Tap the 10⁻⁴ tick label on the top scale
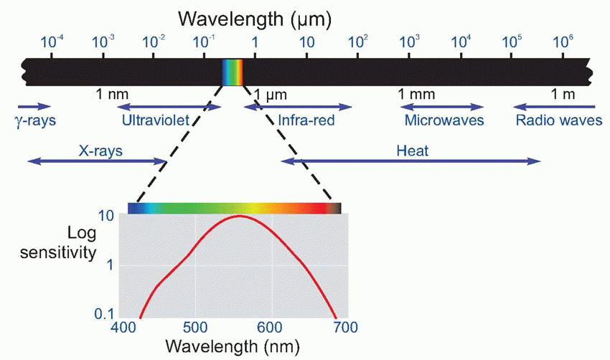pyautogui.click(x=52, y=43)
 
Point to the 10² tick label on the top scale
pyautogui.click(x=357, y=43)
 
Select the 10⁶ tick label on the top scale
pyautogui.click(x=563, y=43)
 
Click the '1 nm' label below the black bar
pyautogui.click(x=111, y=94)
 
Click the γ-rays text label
pyautogui.click(x=34, y=120)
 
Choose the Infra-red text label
pyautogui.click(x=306, y=120)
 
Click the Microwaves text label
pyautogui.click(x=444, y=120)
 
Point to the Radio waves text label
pyautogui.click(x=559, y=120)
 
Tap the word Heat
pyautogui.click(x=411, y=151)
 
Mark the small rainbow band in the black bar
pyautogui.click(x=233, y=72)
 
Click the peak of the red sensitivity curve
pyautogui.click(x=239, y=216)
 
